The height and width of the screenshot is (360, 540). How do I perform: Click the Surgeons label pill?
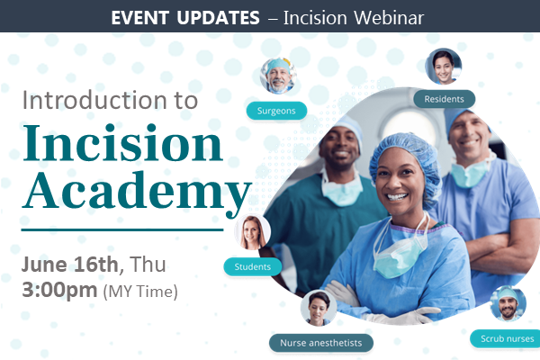click(x=276, y=111)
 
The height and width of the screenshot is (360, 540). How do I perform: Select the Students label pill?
click(x=252, y=266)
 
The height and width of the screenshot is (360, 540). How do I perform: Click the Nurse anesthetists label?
click(x=320, y=343)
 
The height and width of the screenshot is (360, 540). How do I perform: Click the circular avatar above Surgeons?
click(x=277, y=76)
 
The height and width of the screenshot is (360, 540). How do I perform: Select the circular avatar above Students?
click(x=253, y=232)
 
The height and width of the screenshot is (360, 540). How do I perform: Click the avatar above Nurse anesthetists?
click(x=319, y=308)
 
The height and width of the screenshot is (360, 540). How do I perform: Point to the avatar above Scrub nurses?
click(x=508, y=304)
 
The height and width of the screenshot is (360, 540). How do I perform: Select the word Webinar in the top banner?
click(x=388, y=17)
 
